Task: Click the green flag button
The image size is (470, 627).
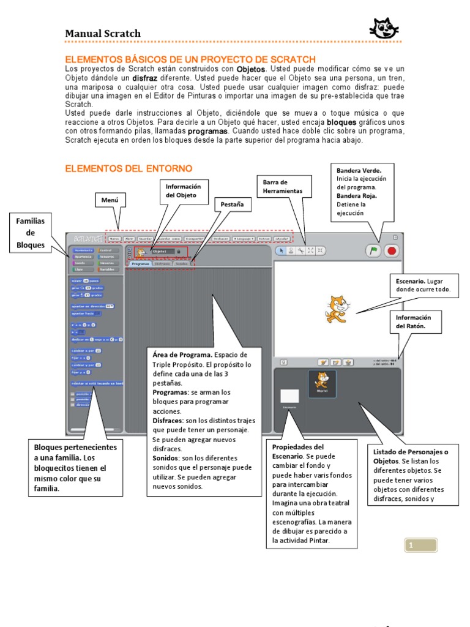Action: [372, 251]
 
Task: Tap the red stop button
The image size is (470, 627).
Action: [392, 251]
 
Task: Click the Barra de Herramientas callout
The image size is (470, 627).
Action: [284, 187]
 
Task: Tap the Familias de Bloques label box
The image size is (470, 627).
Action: [31, 233]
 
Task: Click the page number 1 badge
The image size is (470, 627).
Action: [420, 546]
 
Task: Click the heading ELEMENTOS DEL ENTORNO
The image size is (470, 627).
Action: [129, 168]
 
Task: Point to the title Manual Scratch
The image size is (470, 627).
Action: [103, 34]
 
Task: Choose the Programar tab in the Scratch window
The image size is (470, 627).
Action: [140, 264]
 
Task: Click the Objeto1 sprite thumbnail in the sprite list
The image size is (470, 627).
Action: [322, 384]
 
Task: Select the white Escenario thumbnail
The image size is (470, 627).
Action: [289, 396]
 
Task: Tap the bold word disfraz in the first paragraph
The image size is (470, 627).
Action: [147, 78]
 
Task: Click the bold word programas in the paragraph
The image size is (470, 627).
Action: [207, 131]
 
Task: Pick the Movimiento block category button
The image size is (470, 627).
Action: [83, 250]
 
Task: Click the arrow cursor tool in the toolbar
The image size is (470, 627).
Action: [282, 250]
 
